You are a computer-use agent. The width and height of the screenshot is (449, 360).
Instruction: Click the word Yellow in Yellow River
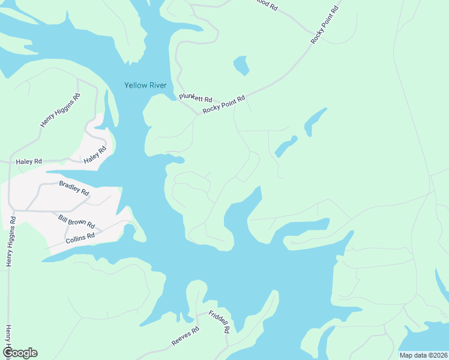click(134, 85)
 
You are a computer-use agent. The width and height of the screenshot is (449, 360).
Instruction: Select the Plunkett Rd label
click(196, 98)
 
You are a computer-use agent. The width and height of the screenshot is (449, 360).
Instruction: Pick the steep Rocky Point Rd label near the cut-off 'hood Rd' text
click(325, 23)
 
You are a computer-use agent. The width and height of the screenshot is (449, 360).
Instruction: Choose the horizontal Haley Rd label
click(29, 161)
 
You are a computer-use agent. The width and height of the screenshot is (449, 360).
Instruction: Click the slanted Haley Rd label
click(95, 155)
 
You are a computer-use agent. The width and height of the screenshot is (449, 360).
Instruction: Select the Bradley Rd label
click(74, 188)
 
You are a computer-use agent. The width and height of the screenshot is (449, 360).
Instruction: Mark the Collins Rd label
click(80, 238)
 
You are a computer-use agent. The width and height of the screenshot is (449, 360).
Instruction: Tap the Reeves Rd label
click(185, 337)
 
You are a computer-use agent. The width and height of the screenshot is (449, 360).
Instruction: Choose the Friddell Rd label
click(220, 322)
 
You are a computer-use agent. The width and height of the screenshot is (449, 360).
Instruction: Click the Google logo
click(20, 352)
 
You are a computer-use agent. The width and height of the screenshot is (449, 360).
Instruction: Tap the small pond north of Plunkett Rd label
click(241, 65)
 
